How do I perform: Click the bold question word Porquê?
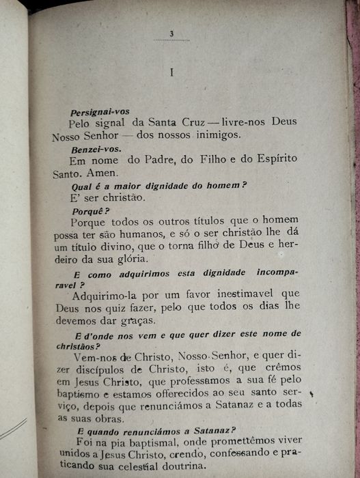(x=90, y=210)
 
